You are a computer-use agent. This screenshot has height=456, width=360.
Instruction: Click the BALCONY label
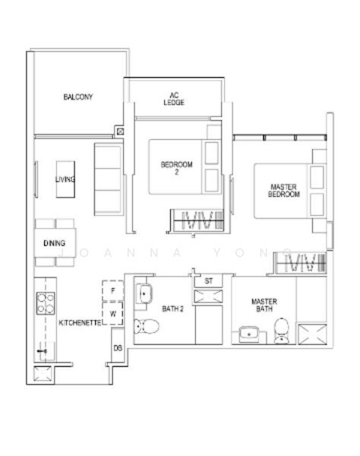coord(78,97)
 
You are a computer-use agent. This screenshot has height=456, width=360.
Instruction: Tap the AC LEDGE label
coord(173,100)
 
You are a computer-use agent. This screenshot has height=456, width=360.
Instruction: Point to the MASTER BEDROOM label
coord(284,191)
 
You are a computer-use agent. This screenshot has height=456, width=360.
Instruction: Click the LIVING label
coord(65,179)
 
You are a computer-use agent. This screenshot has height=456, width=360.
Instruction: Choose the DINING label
coord(54,243)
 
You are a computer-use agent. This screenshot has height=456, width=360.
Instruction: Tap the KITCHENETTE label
coord(81,323)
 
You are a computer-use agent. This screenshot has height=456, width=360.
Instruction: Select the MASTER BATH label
coord(264,306)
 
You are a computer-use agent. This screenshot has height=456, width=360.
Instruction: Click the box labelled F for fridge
coord(112,290)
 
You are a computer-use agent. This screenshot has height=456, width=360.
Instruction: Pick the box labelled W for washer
coord(112,312)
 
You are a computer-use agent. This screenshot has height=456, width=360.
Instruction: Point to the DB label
coord(118,348)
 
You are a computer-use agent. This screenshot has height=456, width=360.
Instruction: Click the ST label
coord(208,282)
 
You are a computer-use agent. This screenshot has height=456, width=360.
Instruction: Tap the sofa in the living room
coord(107,179)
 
